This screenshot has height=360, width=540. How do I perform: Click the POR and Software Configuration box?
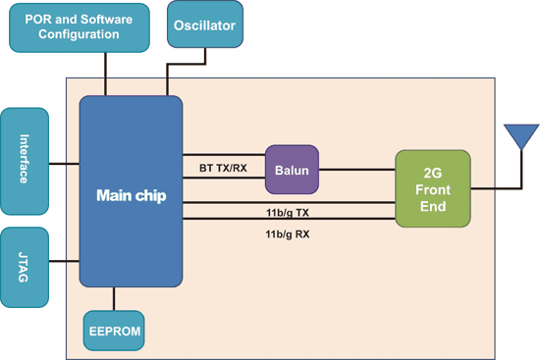pyautogui.click(x=79, y=26)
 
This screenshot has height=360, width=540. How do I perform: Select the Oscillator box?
pyautogui.click(x=204, y=26)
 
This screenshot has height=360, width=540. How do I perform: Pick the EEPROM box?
pyautogui.click(x=113, y=332)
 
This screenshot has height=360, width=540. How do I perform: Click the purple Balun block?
pyautogui.click(x=293, y=170)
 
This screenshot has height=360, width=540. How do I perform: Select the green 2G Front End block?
pyautogui.click(x=432, y=188)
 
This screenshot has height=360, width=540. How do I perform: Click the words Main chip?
pyautogui.click(x=131, y=195)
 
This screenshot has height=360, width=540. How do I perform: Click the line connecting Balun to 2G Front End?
pyautogui.click(x=358, y=170)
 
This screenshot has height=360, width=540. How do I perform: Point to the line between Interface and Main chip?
pyautogui.click(x=64, y=162)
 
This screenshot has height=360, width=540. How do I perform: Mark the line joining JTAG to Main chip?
pyautogui.click(x=64, y=261)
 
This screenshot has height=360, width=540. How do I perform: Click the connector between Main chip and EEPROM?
pyautogui.click(x=115, y=298)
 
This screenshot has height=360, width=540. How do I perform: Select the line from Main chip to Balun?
pyautogui.click(x=224, y=156)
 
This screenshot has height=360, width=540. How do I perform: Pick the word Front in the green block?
pyautogui.click(x=432, y=188)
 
